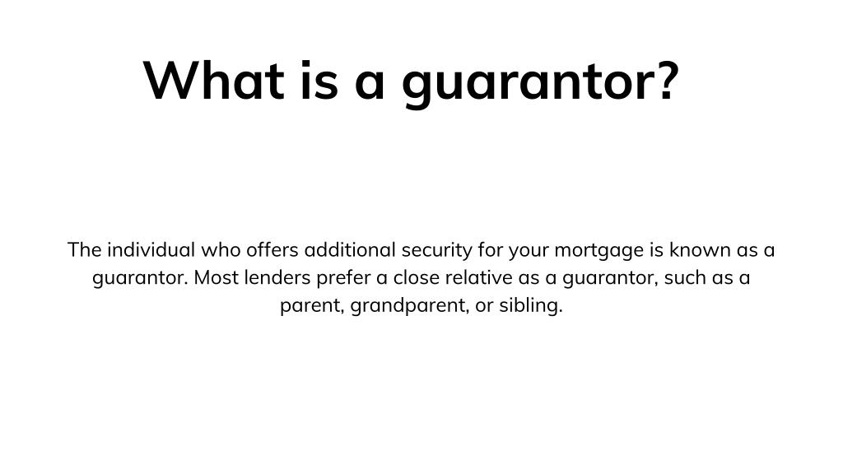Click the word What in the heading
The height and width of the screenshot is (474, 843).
[x=213, y=80]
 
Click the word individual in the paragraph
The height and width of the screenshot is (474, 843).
[x=151, y=250]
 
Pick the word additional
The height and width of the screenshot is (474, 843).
[x=350, y=250]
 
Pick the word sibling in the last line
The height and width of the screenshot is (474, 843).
[x=531, y=306]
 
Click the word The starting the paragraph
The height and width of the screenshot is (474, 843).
[x=85, y=250]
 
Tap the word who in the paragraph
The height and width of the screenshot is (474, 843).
[x=221, y=250]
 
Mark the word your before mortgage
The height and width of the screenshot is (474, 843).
[x=529, y=252]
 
